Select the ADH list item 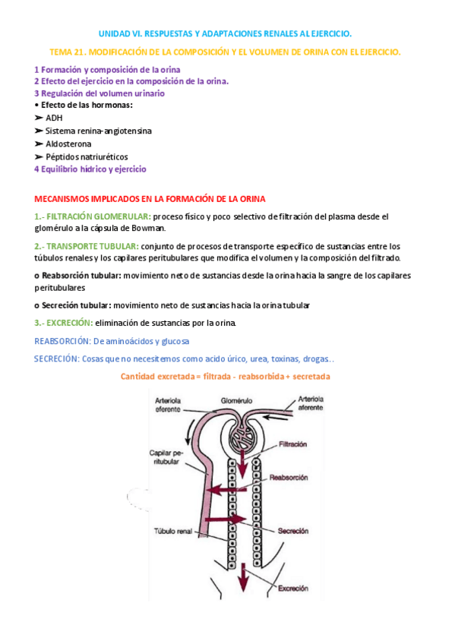pos(54,118)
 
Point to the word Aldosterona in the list pos(68,144)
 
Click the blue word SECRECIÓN pos(56,358)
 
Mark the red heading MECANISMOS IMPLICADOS pos(150,198)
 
